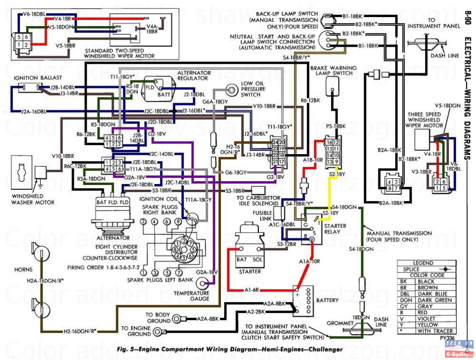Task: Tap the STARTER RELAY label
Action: [x=335, y=229]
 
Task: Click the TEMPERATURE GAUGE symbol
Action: [x=205, y=283]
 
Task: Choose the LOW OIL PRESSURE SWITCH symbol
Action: [x=231, y=90]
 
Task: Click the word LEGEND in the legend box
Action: [x=423, y=263]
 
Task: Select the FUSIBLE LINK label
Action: [x=262, y=215]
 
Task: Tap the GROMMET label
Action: [x=339, y=323]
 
